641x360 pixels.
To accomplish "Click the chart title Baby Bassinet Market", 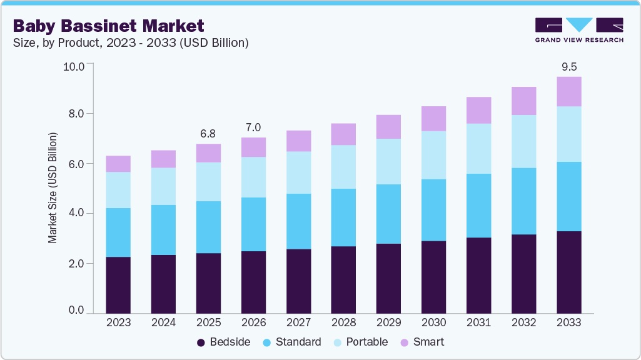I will pos(108,26).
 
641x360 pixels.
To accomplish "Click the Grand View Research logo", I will pos(578,30).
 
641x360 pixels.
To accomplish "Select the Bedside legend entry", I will pos(224,342).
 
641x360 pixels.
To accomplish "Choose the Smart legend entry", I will pos(423,342).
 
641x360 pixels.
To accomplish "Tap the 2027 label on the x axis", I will pos(298,322).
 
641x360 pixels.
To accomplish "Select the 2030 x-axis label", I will pos(433,322).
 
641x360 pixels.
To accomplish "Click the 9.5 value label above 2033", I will pos(568,66).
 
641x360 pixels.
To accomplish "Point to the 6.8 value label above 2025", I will pos(208,133).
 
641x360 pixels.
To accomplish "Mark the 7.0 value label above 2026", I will pos(253,127).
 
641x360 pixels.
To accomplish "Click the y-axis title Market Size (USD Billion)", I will pos(53,188).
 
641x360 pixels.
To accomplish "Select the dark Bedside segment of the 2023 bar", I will pos(118,284).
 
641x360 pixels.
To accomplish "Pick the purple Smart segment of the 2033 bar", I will pos(568,91).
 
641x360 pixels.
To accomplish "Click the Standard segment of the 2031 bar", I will pos(478,205).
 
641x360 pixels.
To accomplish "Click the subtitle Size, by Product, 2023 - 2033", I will pos(131,42).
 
